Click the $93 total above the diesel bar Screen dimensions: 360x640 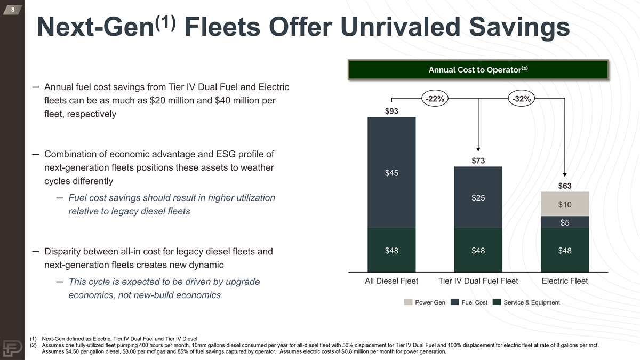(x=391, y=111)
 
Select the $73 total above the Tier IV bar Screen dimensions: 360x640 (x=478, y=161)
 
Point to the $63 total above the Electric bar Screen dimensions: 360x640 (x=565, y=186)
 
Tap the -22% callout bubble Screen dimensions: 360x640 (x=435, y=99)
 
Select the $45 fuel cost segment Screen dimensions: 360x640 (x=391, y=173)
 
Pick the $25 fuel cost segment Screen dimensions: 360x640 (x=478, y=198)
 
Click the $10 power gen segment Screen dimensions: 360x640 (x=565, y=204)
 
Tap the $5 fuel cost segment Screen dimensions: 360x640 (x=565, y=223)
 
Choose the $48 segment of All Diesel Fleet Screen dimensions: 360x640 (x=391, y=251)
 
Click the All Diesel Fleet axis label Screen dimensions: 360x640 (x=391, y=281)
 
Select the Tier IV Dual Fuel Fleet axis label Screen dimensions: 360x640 (x=478, y=281)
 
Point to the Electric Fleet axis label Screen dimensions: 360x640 (x=565, y=281)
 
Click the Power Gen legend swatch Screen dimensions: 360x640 (x=408, y=302)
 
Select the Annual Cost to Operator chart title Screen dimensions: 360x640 (x=478, y=70)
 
